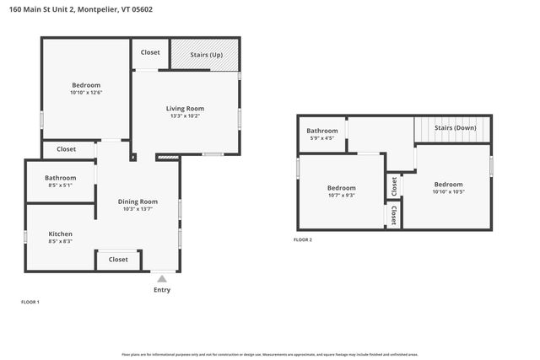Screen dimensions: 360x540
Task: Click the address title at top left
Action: [x=83, y=9]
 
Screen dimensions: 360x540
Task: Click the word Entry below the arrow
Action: [x=162, y=290]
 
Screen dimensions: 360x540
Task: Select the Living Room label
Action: [x=185, y=108]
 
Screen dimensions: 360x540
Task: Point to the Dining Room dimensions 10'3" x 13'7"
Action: [x=137, y=210]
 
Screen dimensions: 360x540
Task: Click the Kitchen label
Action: [x=60, y=234]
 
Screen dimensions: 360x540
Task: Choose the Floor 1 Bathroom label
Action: [x=60, y=178]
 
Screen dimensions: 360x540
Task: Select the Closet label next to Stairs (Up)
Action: [x=150, y=52]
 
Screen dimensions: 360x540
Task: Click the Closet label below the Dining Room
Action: [x=118, y=260]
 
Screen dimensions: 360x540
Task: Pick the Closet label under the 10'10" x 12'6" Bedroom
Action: [x=66, y=149]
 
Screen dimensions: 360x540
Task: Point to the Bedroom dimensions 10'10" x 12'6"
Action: [x=86, y=93]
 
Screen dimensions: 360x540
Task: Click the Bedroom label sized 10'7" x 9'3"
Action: [x=341, y=188]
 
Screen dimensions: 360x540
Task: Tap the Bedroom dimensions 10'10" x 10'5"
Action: [x=448, y=192]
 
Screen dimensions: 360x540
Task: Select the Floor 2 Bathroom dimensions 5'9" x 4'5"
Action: [x=322, y=138]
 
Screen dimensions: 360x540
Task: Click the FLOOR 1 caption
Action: [x=30, y=302]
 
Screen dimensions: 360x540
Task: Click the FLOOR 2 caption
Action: [x=302, y=240]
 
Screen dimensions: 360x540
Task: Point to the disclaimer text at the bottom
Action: [x=270, y=355]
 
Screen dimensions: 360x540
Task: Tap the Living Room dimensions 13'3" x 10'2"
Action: [x=185, y=116]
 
